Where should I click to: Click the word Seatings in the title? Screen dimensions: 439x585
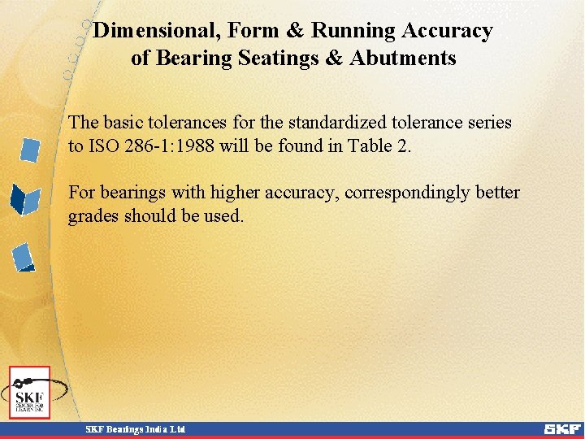274,59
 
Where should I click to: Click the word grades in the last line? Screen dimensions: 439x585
94,216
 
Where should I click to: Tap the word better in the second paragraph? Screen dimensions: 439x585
496,193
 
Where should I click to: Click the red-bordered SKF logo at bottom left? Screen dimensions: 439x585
30,392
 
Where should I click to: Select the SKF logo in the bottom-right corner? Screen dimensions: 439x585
562,428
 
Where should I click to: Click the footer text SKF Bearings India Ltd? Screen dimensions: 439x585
136,428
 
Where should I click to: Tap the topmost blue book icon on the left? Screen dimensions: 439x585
30,150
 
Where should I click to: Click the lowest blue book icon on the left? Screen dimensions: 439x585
24,257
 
